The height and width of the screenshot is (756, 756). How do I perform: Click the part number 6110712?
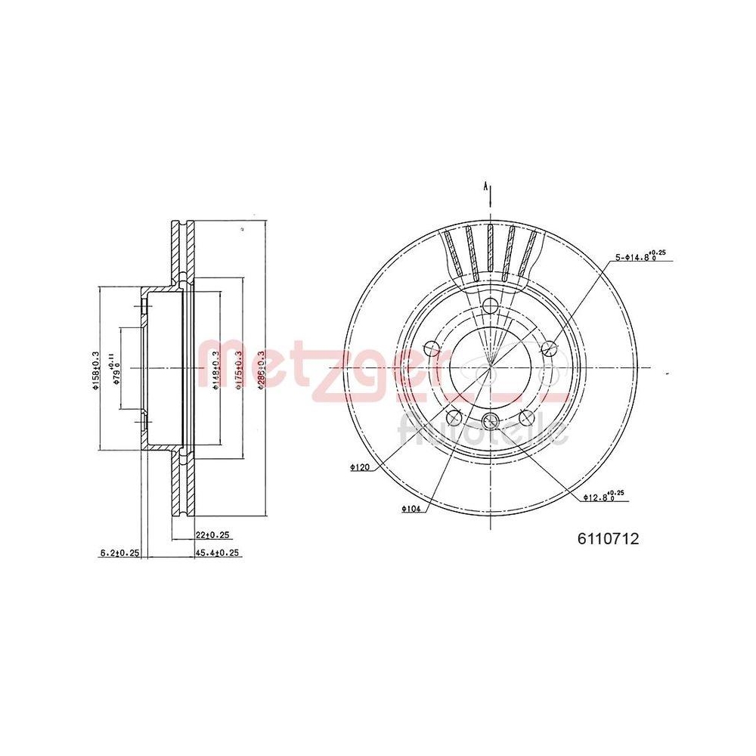(x=609, y=538)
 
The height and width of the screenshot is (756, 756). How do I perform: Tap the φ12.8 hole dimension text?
(x=603, y=496)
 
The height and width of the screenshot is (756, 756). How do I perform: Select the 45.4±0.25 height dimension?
(x=218, y=553)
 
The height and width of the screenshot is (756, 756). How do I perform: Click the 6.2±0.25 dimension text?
(x=119, y=553)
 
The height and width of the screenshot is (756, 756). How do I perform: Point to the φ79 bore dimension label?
(x=116, y=368)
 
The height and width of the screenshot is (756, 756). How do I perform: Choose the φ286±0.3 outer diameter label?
(x=262, y=368)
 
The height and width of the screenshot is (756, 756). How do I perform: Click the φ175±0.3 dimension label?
(x=238, y=368)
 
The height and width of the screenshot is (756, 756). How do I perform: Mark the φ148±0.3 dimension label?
(x=215, y=368)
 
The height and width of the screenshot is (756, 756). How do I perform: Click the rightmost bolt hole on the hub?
(x=550, y=348)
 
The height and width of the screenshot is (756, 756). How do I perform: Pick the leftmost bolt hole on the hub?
(x=432, y=348)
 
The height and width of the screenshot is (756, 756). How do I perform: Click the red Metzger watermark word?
(x=302, y=367)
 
